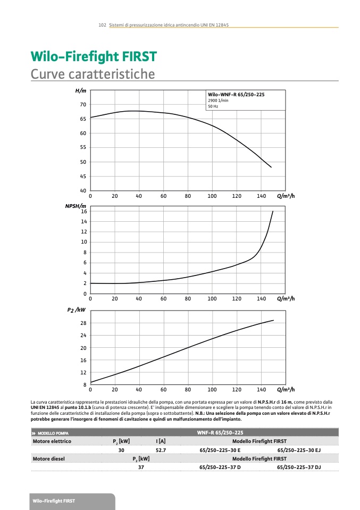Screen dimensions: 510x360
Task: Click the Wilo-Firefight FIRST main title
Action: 94,57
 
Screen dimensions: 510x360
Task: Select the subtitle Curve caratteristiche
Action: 93,74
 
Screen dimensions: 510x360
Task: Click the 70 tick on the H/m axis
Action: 83,105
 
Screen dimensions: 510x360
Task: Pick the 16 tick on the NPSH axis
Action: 83,212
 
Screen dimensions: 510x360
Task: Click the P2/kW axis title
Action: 77,309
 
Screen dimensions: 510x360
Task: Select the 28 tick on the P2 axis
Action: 83,323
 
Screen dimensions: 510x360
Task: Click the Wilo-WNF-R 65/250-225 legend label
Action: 236,94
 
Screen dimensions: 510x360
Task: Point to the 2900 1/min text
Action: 218,101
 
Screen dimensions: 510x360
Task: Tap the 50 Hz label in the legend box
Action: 213,106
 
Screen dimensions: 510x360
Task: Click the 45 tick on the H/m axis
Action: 83,177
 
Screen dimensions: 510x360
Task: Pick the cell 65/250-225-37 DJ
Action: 299,467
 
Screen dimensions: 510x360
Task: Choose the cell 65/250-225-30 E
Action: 220,450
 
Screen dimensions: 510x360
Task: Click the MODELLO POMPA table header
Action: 53,433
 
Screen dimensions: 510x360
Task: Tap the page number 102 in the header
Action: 103,25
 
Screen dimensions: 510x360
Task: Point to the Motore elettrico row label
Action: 52,441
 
